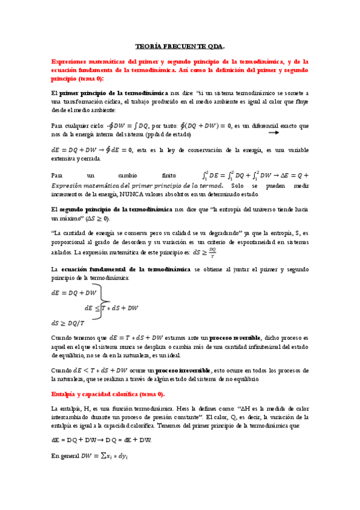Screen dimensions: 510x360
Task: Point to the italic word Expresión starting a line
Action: (69, 186)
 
